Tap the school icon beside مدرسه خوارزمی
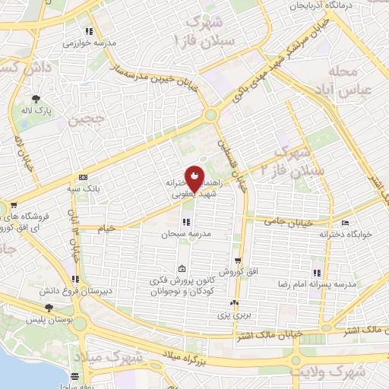coord(88,32)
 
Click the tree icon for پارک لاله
coord(36,98)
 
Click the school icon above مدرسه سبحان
coord(185,223)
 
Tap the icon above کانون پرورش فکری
coord(181,269)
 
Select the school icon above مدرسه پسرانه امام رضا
coord(316,273)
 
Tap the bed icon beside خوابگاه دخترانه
coord(346,224)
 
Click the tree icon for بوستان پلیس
coord(49,307)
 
